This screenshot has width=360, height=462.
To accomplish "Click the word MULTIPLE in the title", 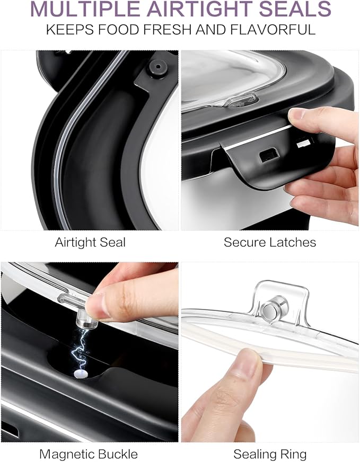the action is coord(85,9).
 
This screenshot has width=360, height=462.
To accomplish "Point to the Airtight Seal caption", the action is coord(90,243).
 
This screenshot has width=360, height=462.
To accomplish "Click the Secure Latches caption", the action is coord(270,242).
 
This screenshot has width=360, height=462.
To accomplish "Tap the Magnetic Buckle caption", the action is coord(89,454).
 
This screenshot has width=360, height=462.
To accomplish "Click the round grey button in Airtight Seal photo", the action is coord(159,67).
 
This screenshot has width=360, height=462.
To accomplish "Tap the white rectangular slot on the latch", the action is coord(304,144).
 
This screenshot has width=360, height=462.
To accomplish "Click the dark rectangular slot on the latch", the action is coord(269,155).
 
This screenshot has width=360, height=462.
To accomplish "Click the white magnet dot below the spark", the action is coord(80,374).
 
